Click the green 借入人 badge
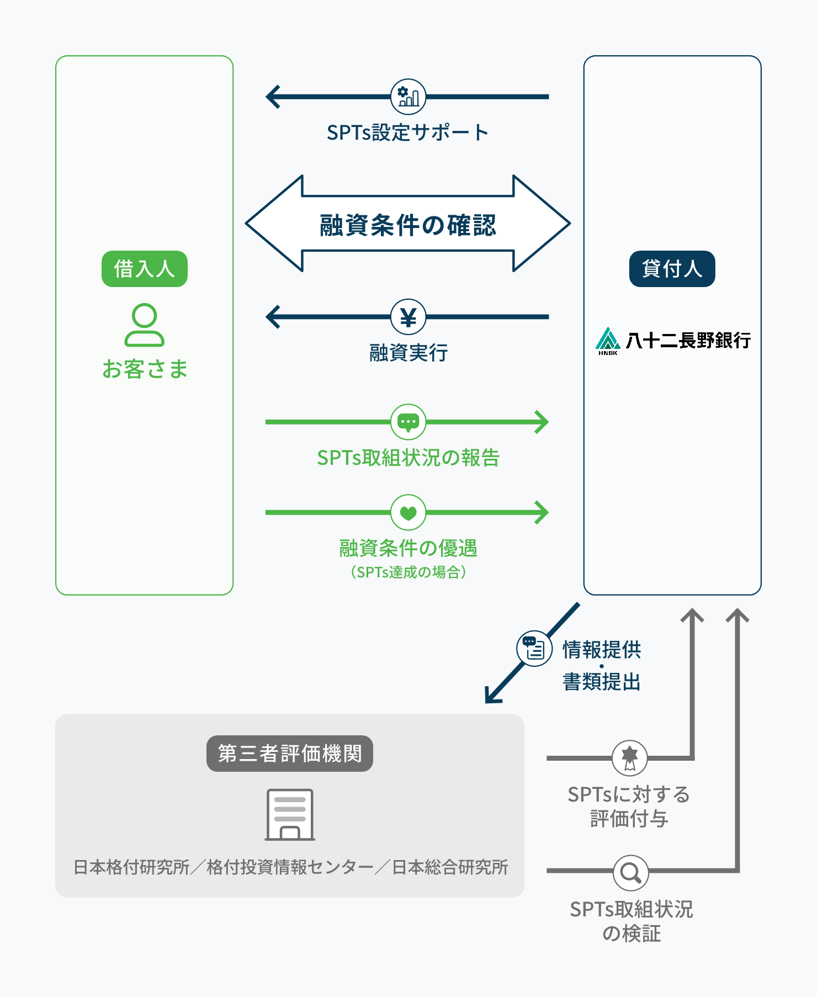tap(144, 269)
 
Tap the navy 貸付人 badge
tap(672, 269)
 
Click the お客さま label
tap(145, 369)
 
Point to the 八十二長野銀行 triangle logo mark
tap(608, 339)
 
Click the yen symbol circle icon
tap(408, 317)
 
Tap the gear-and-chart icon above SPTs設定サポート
tap(408, 97)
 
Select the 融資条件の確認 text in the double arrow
tap(408, 225)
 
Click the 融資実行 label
tap(408, 352)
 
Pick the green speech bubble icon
tap(408, 422)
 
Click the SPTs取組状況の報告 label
tap(408, 458)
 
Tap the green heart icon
tap(408, 513)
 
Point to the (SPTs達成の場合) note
tap(408, 572)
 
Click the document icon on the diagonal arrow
tap(534, 648)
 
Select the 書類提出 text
tap(601, 682)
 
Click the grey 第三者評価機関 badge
tap(289, 754)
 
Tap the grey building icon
tap(290, 815)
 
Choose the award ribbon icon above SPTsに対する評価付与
tap(629, 758)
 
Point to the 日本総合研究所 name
tap(450, 867)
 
